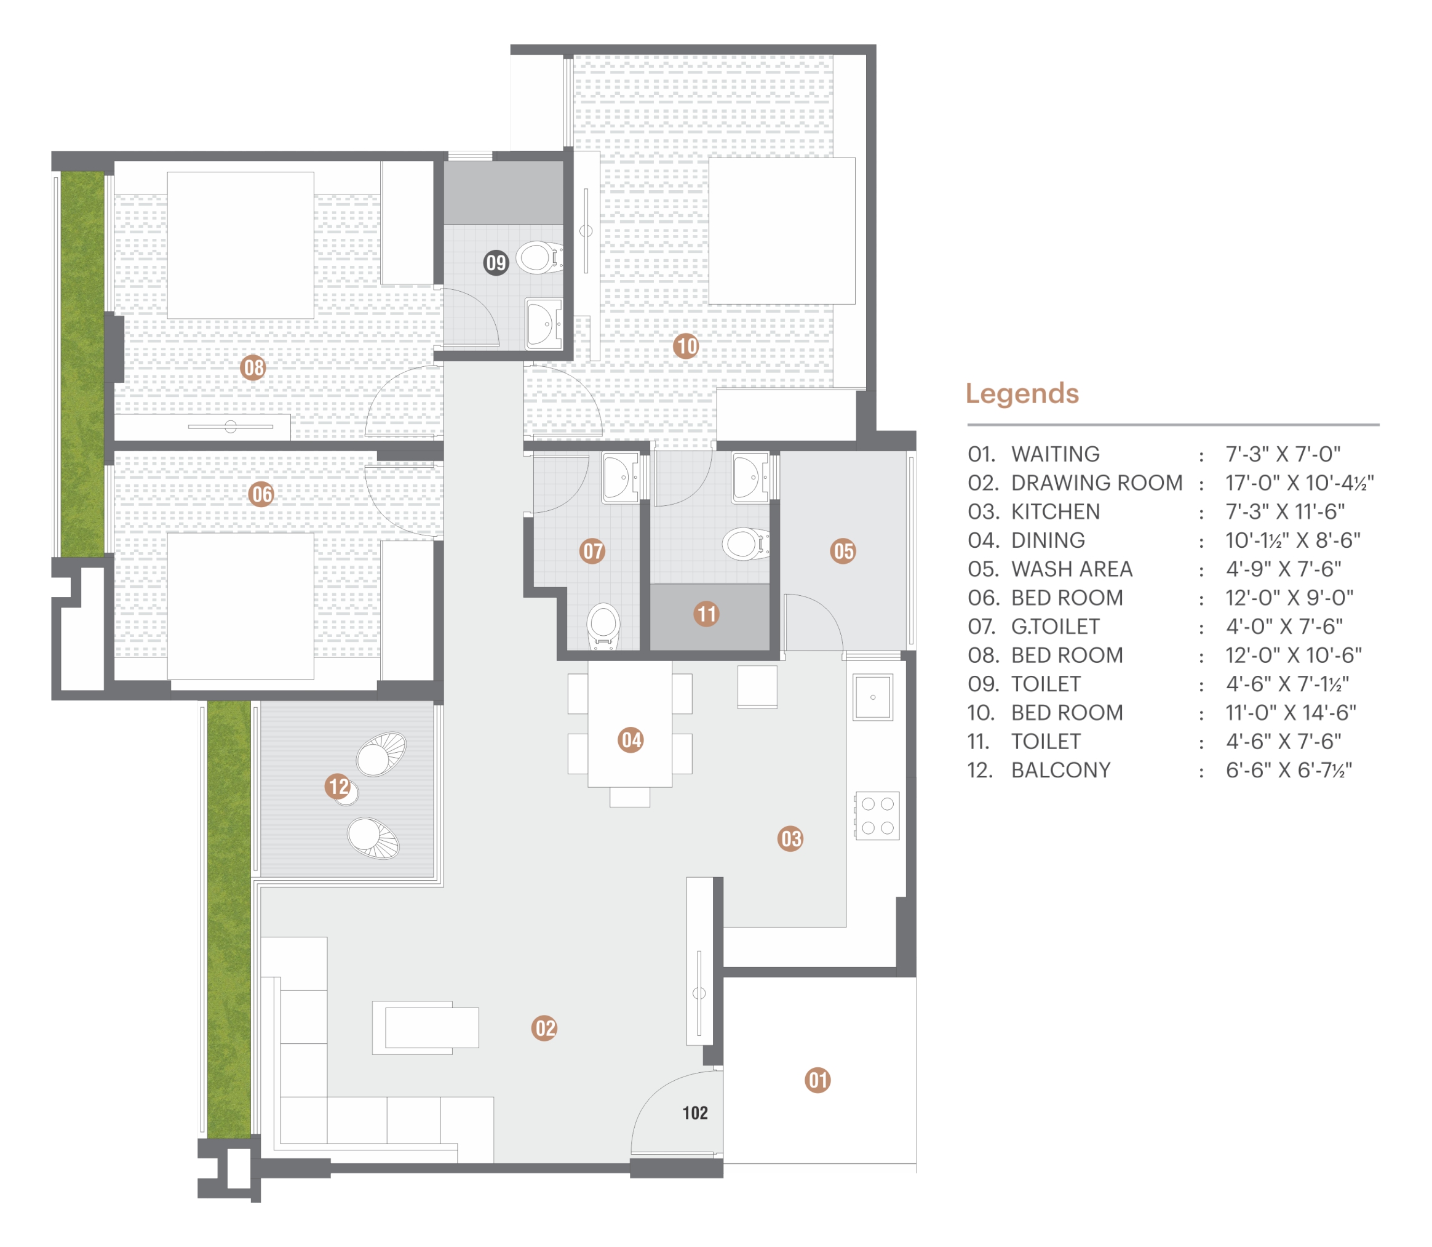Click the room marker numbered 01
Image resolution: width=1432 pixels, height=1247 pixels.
tap(817, 1080)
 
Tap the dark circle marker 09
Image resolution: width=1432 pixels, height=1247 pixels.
tap(496, 262)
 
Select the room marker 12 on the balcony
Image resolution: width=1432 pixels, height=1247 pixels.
tap(338, 787)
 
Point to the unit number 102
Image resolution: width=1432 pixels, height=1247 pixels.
tap(695, 1113)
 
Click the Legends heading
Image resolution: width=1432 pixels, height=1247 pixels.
tap(1022, 394)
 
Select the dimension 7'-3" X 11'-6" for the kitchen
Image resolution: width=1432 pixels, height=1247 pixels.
tap(1284, 511)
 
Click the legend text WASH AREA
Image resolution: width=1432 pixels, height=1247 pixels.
tap(1071, 569)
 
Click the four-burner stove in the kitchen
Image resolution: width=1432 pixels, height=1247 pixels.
tap(877, 816)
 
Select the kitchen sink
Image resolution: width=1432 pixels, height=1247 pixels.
tap(873, 697)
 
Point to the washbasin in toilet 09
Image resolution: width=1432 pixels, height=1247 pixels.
tap(544, 324)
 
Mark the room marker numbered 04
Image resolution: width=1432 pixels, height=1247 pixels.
tap(630, 740)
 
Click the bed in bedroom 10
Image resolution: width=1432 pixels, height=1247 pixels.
tap(782, 231)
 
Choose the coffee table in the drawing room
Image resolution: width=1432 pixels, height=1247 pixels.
tap(426, 1028)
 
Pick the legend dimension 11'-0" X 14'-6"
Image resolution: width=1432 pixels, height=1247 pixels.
tap(1291, 713)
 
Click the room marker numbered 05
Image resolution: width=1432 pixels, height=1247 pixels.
tap(843, 551)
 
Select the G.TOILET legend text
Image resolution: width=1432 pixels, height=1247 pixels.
tap(1055, 627)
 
